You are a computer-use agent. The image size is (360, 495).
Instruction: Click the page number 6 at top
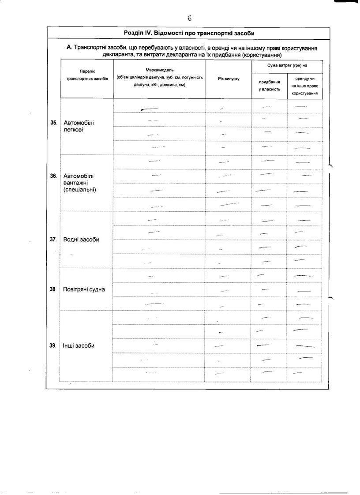click(189, 18)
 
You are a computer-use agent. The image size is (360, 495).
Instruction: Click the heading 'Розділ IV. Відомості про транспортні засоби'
click(189, 34)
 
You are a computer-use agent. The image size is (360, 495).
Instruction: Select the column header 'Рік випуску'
click(229, 79)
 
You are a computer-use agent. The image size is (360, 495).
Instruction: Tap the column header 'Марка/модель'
click(160, 70)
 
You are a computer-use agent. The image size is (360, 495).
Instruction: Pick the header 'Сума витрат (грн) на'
click(287, 65)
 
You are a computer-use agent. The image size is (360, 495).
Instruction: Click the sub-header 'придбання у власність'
click(269, 86)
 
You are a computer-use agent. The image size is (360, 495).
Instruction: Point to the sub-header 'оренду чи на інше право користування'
click(305, 86)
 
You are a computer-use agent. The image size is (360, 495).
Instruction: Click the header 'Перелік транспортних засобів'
click(87, 75)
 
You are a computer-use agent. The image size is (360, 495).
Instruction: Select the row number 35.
click(53, 123)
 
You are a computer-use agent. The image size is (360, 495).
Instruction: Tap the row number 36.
click(53, 176)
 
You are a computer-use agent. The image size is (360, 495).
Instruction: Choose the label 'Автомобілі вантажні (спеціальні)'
click(80, 183)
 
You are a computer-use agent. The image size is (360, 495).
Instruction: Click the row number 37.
click(53, 240)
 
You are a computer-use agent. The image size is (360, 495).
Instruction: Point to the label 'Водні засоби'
click(81, 240)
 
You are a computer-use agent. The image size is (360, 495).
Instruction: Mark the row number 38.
click(53, 290)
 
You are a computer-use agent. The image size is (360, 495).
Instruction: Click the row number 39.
click(53, 346)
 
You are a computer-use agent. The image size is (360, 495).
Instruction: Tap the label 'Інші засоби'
click(79, 346)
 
